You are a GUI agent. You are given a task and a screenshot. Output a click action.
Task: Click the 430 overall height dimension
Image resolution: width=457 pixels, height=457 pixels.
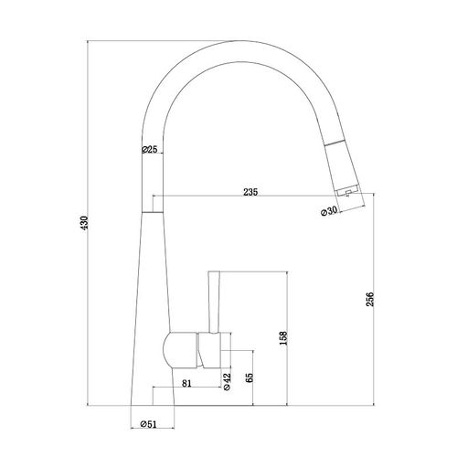(84, 223)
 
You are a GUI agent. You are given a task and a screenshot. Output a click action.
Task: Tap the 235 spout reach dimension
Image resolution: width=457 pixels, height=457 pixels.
(250, 192)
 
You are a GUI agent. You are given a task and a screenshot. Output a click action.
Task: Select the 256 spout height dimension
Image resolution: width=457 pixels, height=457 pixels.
(369, 299)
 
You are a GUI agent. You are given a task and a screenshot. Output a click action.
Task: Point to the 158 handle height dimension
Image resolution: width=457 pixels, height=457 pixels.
(283, 338)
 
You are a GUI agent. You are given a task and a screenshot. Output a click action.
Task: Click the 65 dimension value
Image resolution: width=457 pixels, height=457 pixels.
(249, 377)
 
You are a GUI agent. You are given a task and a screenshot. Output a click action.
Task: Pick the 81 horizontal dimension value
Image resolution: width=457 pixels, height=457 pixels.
(186, 383)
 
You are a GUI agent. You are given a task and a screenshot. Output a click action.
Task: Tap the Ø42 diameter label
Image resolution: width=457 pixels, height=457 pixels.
(227, 382)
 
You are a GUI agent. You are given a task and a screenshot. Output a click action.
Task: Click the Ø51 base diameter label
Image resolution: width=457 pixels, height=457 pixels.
(148, 424)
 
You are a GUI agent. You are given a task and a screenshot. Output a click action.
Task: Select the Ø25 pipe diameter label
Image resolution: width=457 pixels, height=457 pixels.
(150, 149)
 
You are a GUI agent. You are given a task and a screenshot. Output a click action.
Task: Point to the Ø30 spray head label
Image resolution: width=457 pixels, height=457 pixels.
(329, 211)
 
